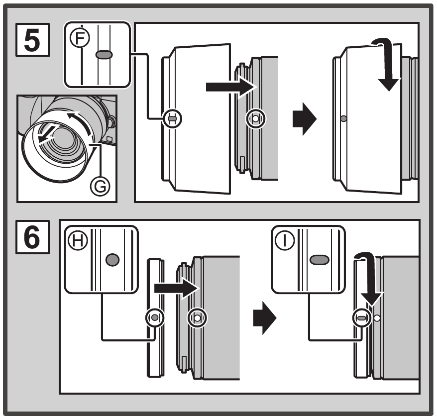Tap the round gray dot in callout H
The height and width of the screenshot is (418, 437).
(113, 259)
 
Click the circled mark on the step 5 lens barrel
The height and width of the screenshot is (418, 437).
(256, 119)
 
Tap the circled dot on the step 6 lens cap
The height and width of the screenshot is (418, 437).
(154, 317)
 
